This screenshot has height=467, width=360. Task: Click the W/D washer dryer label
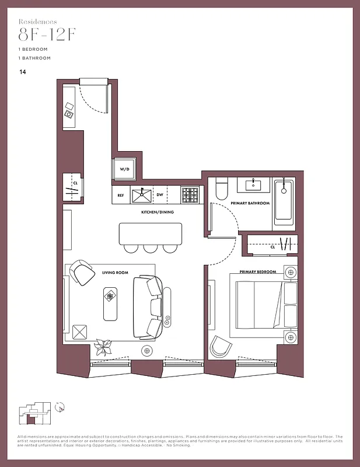[125, 169]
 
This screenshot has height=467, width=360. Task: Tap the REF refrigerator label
[121, 196]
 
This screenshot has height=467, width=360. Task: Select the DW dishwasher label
[159, 196]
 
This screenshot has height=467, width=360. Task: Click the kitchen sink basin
[141, 194]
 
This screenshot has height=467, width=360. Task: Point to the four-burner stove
[190, 194]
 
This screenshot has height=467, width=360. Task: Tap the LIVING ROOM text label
[116, 271]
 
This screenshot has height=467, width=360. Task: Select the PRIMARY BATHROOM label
[250, 203]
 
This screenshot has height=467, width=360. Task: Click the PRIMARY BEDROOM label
[257, 271]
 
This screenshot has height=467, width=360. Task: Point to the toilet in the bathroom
[220, 188]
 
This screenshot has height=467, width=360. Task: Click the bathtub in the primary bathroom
[284, 201]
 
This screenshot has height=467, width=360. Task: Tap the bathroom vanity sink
[253, 185]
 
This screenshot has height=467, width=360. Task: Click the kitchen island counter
[151, 233]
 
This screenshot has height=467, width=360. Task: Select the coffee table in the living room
[110, 304]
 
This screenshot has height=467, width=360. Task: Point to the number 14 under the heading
[22, 72]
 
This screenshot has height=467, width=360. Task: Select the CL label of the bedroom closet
[272, 247]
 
